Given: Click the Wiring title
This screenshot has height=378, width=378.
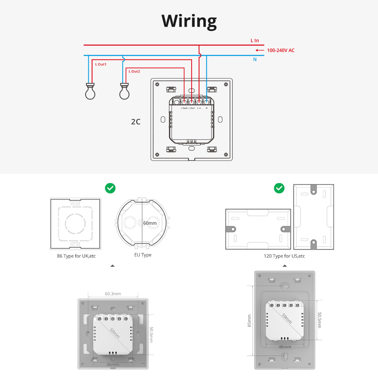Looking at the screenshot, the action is [x=189, y=21].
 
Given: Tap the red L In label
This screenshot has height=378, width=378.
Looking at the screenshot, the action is [x=255, y=41].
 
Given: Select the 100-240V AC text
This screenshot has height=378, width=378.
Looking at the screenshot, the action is [x=281, y=50].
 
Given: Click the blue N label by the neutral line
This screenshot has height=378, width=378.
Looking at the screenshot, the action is [x=255, y=59].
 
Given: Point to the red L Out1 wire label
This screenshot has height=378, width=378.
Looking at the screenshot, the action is [x=101, y=64].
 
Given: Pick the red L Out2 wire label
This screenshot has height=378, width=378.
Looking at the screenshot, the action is [x=134, y=71].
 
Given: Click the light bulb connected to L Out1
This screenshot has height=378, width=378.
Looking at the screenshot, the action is [x=90, y=91].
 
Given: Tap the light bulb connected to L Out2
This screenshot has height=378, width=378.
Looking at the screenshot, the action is [x=124, y=91].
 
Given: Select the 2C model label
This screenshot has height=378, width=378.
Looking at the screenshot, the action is [x=136, y=122].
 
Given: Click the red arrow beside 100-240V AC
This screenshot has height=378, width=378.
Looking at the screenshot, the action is [x=260, y=50].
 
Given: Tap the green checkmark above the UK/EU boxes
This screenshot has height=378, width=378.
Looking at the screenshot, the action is [x=110, y=188].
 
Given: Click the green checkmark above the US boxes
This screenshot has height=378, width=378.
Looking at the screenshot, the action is [x=279, y=188].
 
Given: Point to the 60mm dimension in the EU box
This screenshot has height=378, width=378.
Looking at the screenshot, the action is [x=150, y=223].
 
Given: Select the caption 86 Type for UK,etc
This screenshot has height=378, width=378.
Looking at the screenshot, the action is [x=76, y=256].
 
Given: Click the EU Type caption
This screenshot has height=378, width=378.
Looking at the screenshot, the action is [x=143, y=255].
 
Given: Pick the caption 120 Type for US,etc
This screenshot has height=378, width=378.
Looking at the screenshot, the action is [x=284, y=256].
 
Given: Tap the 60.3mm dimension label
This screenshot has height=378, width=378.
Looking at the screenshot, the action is [x=113, y=293].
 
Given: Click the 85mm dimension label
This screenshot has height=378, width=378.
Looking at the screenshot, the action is [x=249, y=321].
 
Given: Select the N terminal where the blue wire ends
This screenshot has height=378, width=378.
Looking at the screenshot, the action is [x=207, y=102].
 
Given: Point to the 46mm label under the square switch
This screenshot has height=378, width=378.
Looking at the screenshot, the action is [x=113, y=364].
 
